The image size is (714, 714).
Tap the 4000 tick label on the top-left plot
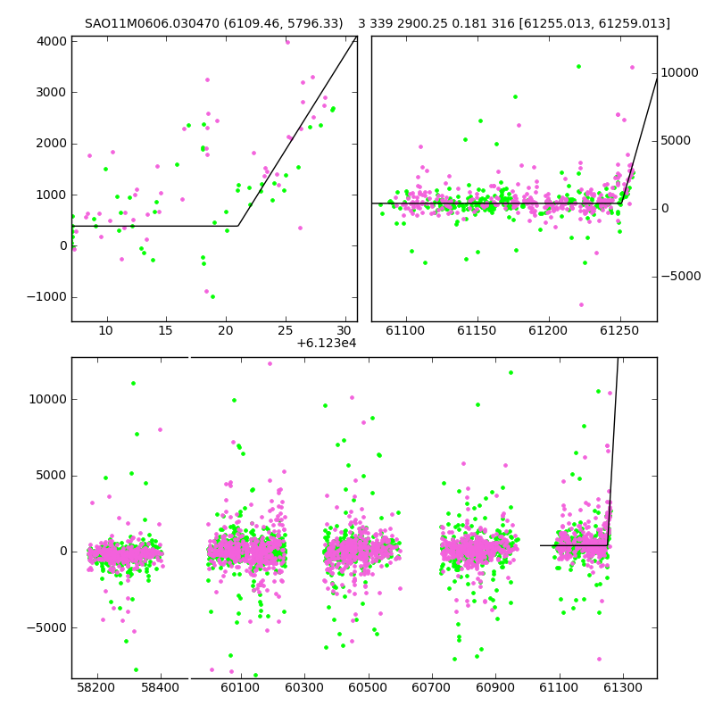click(x=52, y=41)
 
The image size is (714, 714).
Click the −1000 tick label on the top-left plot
click(x=47, y=297)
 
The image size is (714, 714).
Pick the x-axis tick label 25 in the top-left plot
click(x=286, y=330)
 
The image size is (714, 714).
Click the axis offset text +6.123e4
click(x=327, y=343)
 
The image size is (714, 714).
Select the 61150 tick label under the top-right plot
click(x=477, y=330)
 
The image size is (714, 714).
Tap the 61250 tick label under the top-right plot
click(x=619, y=330)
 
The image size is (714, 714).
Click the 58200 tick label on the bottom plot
click(x=95, y=687)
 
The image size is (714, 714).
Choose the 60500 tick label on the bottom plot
click(x=368, y=687)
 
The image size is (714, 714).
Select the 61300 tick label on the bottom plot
click(x=622, y=687)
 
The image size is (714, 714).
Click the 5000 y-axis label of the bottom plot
click(x=52, y=476)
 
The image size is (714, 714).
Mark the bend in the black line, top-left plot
click(x=238, y=226)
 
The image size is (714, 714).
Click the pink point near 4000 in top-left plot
click(x=287, y=42)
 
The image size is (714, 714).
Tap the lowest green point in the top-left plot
click(x=212, y=297)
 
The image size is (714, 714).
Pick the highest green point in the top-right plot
click(x=578, y=66)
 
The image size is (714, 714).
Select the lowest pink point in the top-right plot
click(x=581, y=304)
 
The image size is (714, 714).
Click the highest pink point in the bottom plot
click(x=270, y=364)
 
